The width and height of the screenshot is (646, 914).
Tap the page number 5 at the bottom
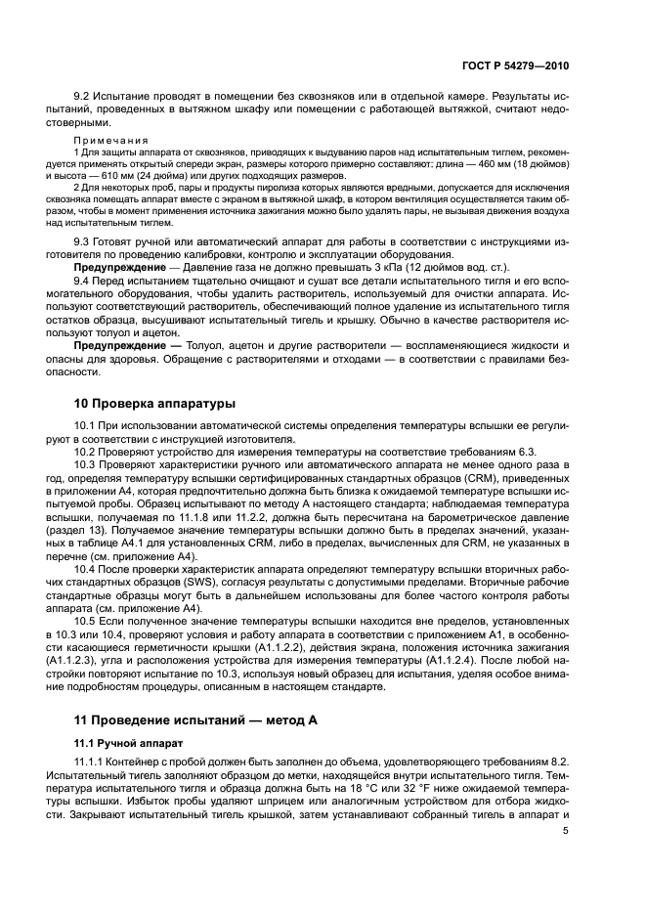point(566,831)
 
